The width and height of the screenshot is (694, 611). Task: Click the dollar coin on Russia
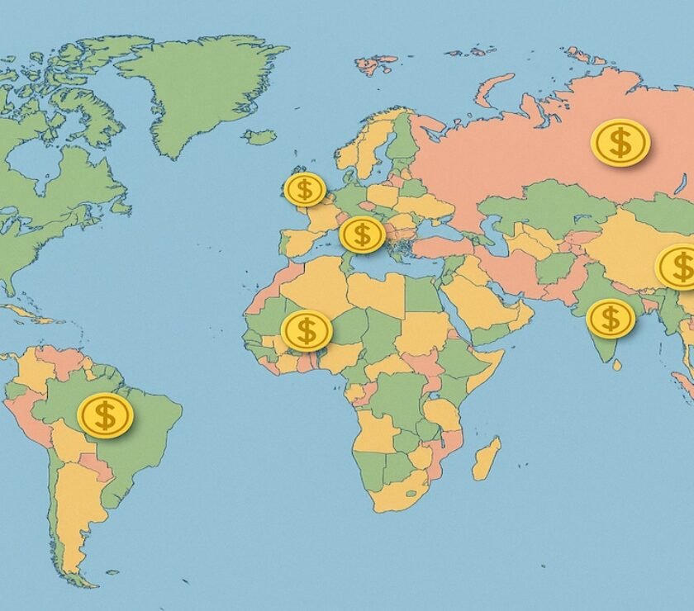pyautogui.click(x=620, y=143)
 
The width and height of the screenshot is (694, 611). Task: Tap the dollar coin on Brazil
pyautogui.click(x=105, y=414)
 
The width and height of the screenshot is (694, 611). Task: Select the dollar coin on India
pyautogui.click(x=611, y=319)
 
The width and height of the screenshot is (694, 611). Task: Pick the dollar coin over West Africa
pyautogui.click(x=307, y=330)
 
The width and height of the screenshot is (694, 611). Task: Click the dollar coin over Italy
pyautogui.click(x=362, y=234)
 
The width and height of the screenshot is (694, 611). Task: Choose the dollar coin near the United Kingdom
pyautogui.click(x=305, y=189)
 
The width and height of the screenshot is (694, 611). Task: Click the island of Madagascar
pyautogui.click(x=486, y=459)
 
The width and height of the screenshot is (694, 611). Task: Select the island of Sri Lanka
pyautogui.click(x=616, y=364)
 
